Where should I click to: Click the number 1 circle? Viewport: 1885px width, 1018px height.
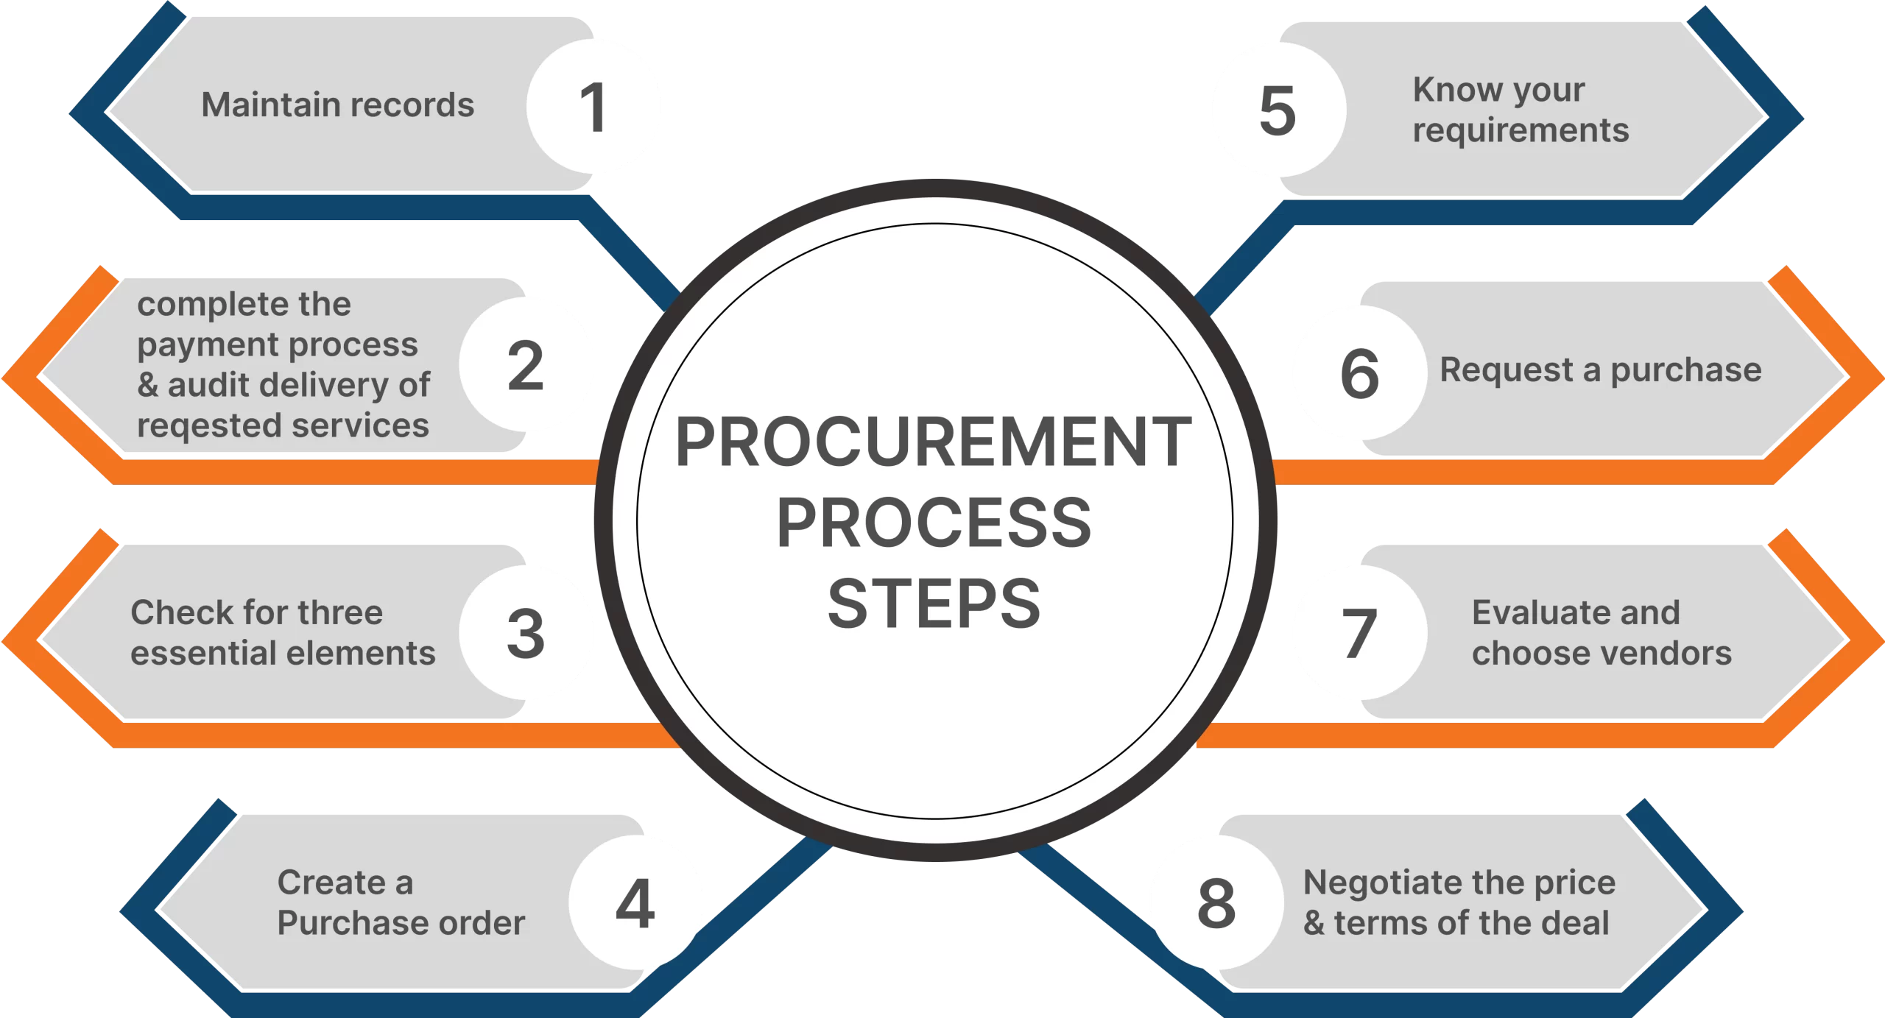tap(593, 107)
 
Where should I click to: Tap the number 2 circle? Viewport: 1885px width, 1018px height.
tap(526, 365)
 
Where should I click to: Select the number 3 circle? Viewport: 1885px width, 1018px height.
tap(526, 633)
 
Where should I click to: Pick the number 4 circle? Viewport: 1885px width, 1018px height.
tap(635, 902)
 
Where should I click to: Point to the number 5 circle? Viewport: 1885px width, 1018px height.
tap(1278, 110)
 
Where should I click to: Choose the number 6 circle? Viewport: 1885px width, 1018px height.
tap(1359, 373)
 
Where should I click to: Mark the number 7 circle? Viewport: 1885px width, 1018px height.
tap(1359, 633)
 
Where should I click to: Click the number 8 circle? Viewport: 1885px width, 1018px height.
tap(1216, 902)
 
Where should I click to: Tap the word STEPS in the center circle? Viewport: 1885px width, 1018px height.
tap(934, 604)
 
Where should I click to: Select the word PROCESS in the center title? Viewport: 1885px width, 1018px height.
tap(934, 523)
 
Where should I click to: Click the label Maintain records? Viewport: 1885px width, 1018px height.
tap(338, 105)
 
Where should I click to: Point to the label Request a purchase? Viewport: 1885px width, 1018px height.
tap(1600, 370)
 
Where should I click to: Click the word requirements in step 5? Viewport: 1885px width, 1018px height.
tap(1521, 131)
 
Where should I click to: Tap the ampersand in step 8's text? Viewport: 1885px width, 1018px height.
tap(1314, 923)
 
